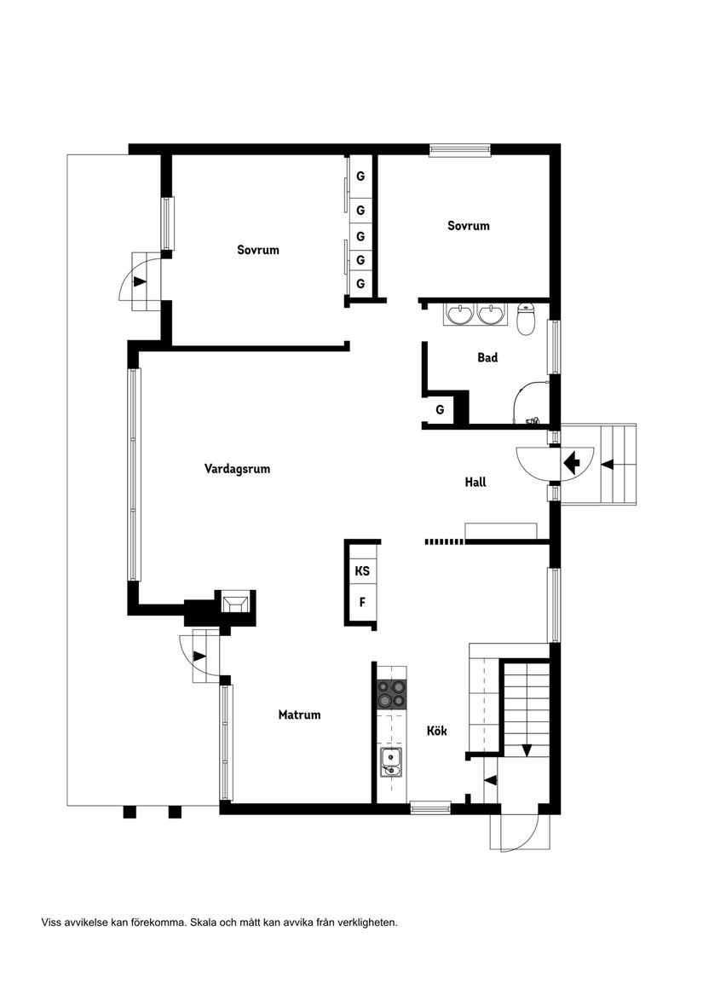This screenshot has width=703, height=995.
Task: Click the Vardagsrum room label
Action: click(237, 469)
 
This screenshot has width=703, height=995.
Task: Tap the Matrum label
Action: click(299, 714)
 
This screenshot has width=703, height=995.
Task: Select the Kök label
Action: click(437, 731)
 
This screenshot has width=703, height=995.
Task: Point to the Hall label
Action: click(475, 482)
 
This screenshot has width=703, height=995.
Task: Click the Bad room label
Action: click(487, 358)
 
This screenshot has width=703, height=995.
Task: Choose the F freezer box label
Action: click(362, 602)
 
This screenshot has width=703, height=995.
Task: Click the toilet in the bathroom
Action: click(526, 318)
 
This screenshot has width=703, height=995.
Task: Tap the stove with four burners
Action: click(392, 692)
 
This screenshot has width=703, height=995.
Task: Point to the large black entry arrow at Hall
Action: click(571, 462)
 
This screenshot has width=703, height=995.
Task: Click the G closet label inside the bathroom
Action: click(440, 410)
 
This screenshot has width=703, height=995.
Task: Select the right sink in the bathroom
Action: click(491, 315)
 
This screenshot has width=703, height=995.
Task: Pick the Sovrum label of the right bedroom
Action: click(469, 226)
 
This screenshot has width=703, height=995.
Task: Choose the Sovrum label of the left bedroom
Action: click(258, 251)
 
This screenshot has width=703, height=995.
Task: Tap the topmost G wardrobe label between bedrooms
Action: click(360, 177)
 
